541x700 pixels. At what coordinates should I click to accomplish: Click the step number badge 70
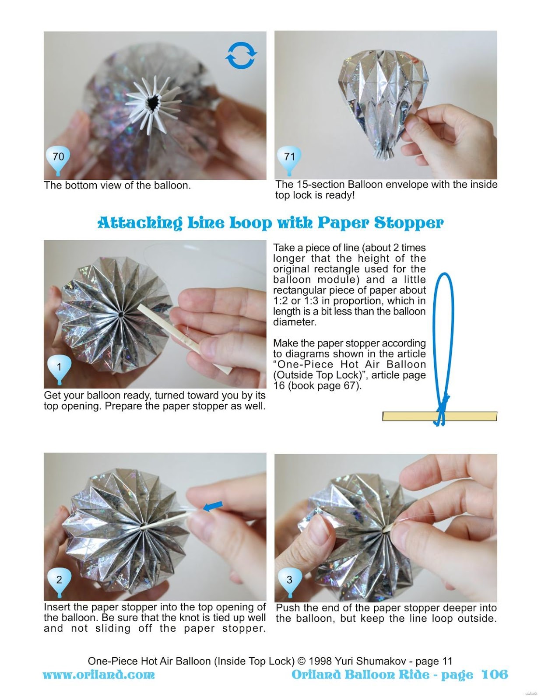click(x=58, y=157)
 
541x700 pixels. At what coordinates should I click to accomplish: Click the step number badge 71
click(x=289, y=157)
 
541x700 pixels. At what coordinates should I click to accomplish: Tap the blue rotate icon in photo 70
click(x=241, y=56)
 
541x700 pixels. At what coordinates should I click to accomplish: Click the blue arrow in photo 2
click(x=213, y=506)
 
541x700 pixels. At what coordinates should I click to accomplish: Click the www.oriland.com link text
click(x=98, y=675)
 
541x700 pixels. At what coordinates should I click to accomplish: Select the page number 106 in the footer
click(x=495, y=675)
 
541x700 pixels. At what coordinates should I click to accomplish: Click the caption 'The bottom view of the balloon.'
click(x=117, y=185)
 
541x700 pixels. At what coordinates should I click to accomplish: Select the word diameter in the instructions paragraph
click(x=294, y=322)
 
